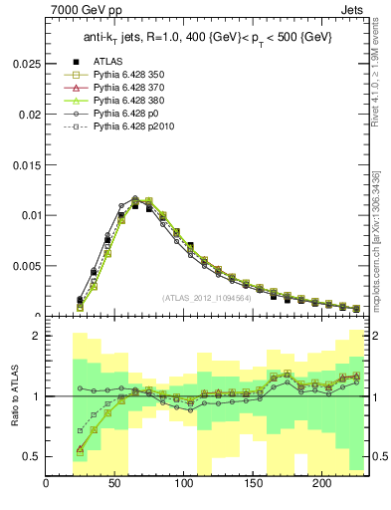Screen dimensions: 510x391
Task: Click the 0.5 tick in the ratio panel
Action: click(32, 456)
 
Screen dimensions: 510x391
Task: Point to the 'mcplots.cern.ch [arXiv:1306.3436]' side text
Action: click(379, 239)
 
